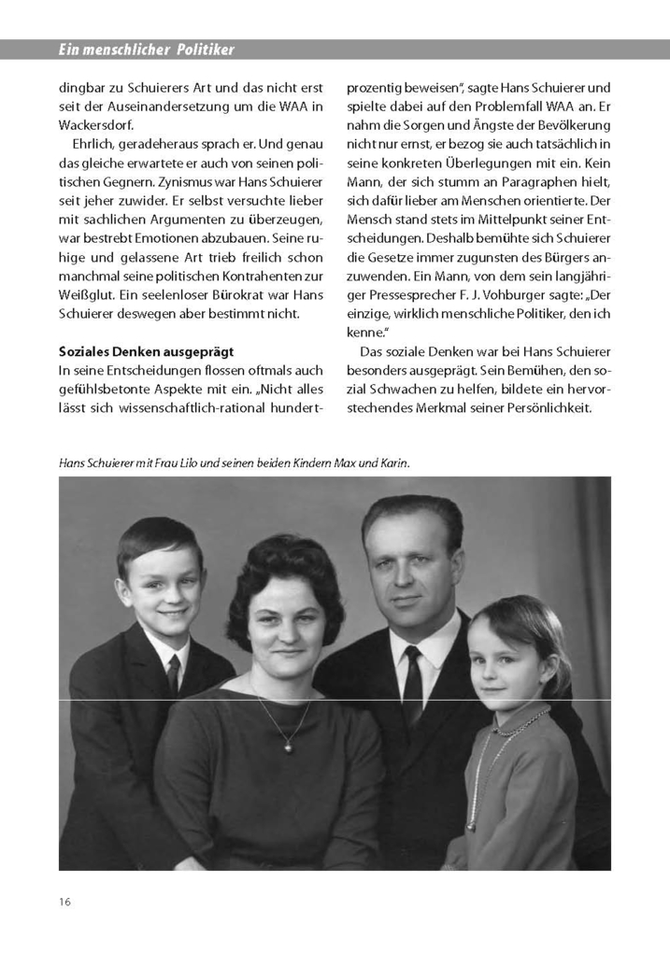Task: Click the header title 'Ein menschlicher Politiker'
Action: click(x=147, y=49)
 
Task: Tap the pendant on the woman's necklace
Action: click(x=290, y=745)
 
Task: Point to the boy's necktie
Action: click(x=174, y=674)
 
